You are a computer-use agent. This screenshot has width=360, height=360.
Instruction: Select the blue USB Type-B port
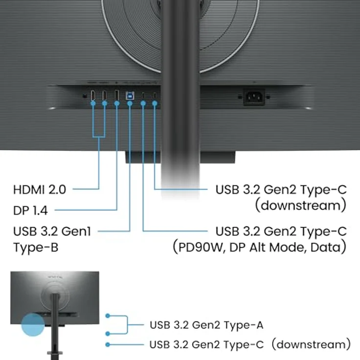(x=130, y=95)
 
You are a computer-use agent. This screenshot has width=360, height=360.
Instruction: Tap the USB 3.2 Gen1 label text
(x=52, y=231)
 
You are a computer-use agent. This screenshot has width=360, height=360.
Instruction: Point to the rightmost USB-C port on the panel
(x=155, y=95)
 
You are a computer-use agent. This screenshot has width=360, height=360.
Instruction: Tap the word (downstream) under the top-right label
(x=300, y=204)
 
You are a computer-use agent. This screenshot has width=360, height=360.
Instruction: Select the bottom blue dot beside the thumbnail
(x=107, y=344)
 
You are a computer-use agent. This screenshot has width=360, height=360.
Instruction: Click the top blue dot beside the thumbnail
(x=107, y=316)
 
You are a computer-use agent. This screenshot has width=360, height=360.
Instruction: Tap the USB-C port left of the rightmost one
(x=143, y=95)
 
